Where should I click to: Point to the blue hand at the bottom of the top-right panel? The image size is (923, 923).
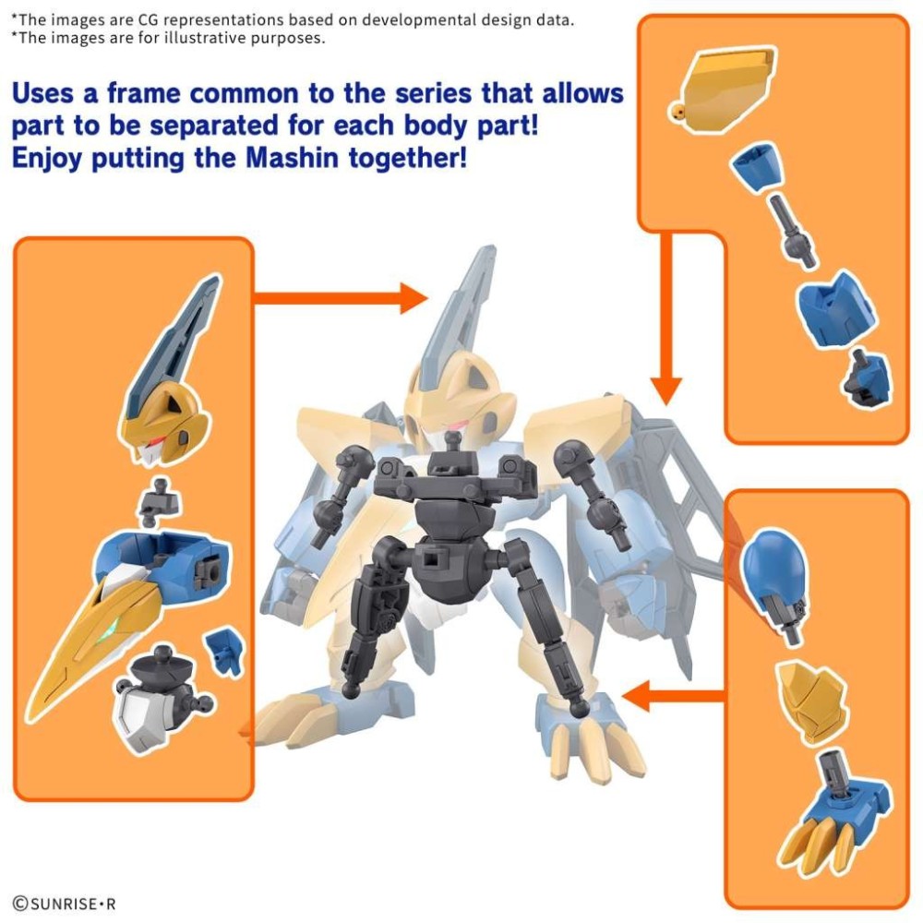(x=868, y=378)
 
